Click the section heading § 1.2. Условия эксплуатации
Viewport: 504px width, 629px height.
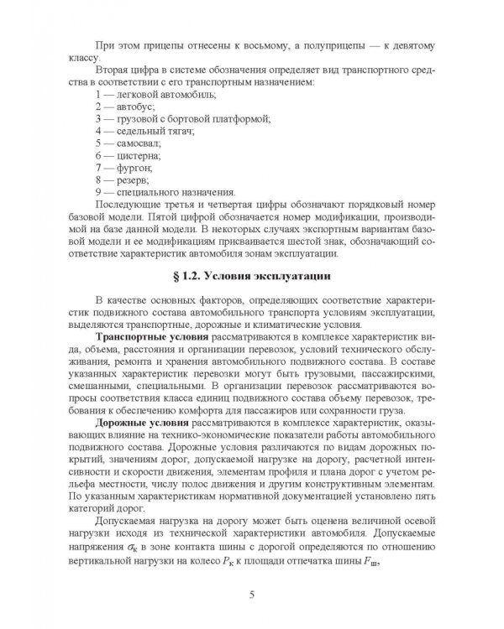click(252, 276)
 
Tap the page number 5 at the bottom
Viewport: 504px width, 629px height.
click(252, 595)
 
